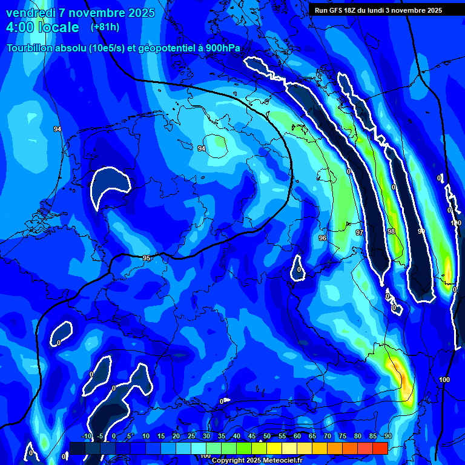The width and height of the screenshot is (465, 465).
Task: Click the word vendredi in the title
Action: (x=30, y=13)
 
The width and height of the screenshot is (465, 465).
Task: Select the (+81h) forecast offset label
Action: (x=105, y=27)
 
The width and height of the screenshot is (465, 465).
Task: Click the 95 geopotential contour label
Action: (x=147, y=258)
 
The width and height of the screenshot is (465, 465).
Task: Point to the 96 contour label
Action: (x=323, y=238)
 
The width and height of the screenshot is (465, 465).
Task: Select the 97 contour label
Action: (x=359, y=232)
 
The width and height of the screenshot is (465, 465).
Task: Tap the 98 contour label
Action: (x=391, y=231)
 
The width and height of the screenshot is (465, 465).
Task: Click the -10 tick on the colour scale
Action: (x=85, y=436)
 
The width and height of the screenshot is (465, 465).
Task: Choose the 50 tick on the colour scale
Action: (x=267, y=436)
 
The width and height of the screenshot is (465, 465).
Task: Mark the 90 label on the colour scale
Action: (x=388, y=436)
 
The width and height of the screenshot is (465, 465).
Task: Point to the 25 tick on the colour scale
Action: (x=191, y=436)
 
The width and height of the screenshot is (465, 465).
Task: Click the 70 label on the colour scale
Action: (x=328, y=436)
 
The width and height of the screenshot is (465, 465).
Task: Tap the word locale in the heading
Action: (x=59, y=27)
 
